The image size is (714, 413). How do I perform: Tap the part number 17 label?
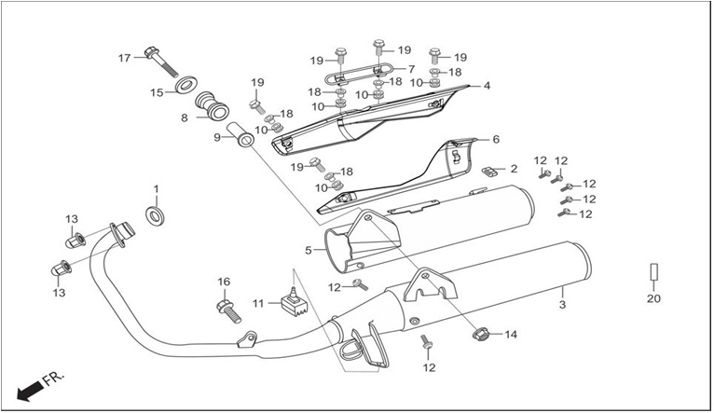124,58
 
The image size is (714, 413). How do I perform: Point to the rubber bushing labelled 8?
212,107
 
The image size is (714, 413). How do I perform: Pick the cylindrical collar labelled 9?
240,134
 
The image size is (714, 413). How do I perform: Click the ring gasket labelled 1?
156,215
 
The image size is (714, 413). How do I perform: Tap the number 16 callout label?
224,282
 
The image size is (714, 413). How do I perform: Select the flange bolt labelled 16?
228,311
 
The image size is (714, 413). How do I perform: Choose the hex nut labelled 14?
481,335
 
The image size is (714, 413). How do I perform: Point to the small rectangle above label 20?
654,272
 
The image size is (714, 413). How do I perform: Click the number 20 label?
653,298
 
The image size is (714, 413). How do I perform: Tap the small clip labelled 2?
488,171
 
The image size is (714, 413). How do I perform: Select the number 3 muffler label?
562,305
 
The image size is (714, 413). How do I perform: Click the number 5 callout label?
309,251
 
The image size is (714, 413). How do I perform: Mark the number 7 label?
412,69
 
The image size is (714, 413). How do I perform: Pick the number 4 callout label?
487,86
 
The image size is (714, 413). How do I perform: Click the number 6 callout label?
496,139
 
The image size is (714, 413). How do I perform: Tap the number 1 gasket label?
157,188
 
